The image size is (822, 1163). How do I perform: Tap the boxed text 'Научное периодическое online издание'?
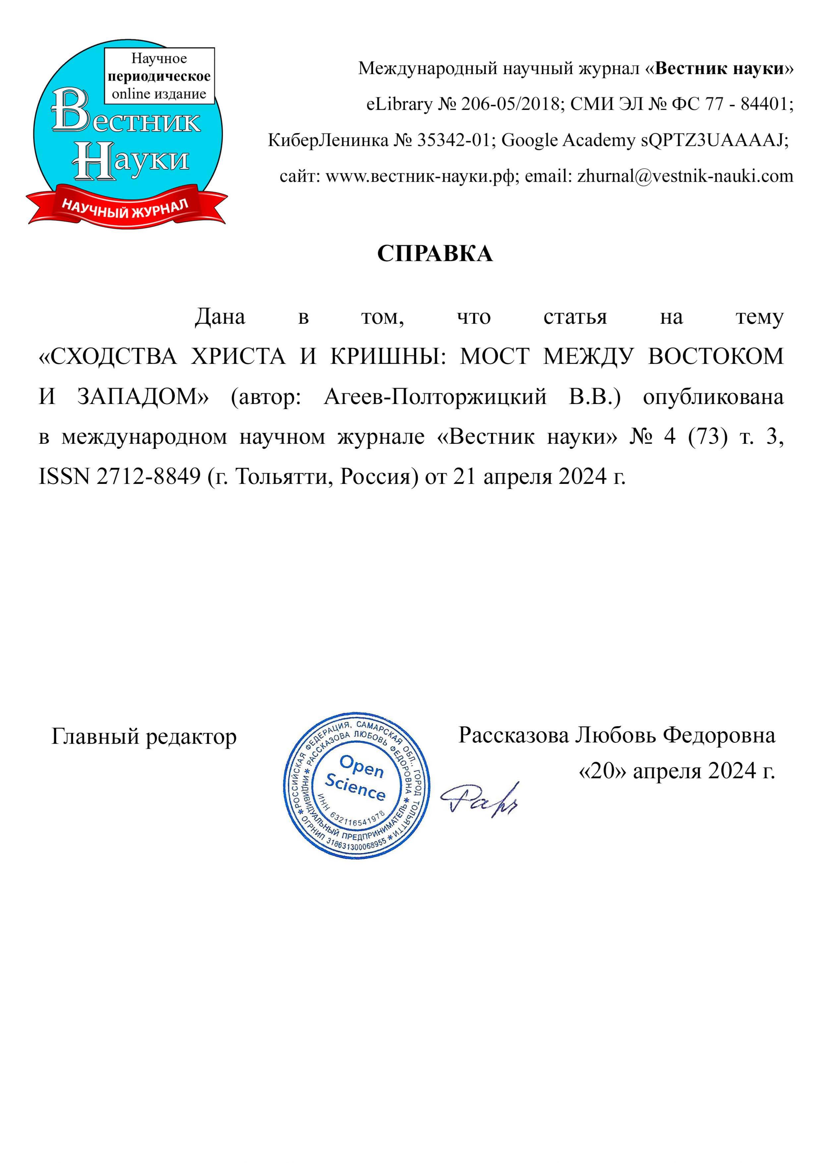pos(159,76)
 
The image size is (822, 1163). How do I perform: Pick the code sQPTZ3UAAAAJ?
pos(715,140)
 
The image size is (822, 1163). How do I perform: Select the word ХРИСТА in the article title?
pos(238,357)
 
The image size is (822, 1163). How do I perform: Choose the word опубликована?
pos(713,397)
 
